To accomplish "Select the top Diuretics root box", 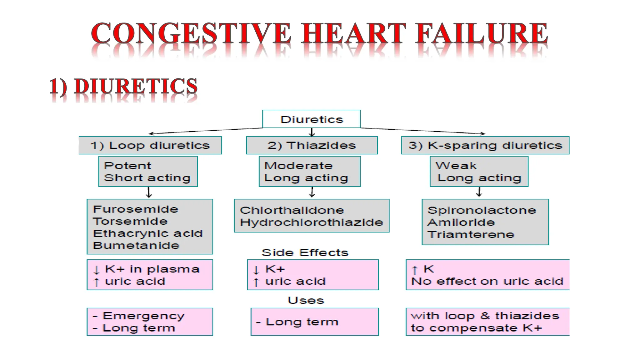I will [x=312, y=119].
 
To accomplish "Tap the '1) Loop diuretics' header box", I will [x=150, y=145].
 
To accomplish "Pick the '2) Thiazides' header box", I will [x=312, y=145].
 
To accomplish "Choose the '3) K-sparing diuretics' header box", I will [x=485, y=145].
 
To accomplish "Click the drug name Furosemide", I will [x=135, y=209].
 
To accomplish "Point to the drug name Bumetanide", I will [x=136, y=245].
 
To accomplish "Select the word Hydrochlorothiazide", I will [x=311, y=222].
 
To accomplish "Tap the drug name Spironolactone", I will [x=482, y=210].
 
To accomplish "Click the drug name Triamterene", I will [x=471, y=234].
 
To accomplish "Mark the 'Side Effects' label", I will [x=305, y=252].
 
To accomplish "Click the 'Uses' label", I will [x=306, y=300].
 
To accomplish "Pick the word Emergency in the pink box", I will [x=143, y=316].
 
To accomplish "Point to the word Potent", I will [x=127, y=166].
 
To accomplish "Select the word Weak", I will [x=456, y=166].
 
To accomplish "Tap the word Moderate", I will [x=298, y=166].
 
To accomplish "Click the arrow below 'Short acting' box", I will [x=149, y=192].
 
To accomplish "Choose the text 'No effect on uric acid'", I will [x=487, y=281].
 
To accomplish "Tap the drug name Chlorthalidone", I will [x=292, y=210].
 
